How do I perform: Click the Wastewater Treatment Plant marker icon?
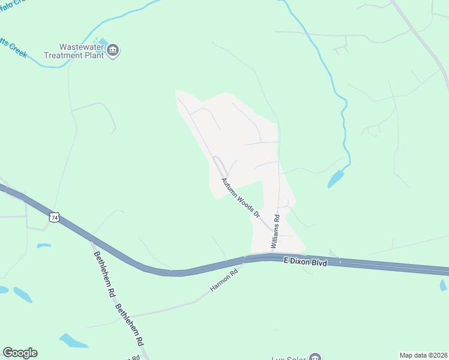pos(113,50)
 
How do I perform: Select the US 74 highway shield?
pos(55,218)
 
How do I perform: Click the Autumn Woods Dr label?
pos(240,197)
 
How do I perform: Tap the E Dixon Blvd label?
pos(305,262)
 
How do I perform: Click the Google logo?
pos(20,353)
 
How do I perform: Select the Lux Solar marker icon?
pos(315,358)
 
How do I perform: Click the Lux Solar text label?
pos(288,358)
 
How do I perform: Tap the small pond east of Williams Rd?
pos(336,178)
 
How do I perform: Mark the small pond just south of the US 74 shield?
pos(43,245)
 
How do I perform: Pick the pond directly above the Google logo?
pos(23,295)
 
